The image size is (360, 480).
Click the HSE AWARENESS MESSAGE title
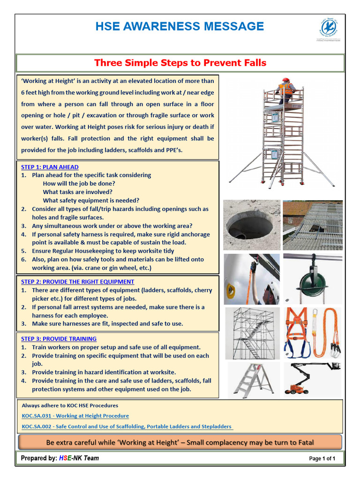[180, 26]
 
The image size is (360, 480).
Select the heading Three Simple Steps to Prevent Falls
[180, 63]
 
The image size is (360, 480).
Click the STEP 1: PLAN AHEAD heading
[50, 167]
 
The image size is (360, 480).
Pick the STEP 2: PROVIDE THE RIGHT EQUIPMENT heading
[77, 282]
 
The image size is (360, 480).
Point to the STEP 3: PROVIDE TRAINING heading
[59, 338]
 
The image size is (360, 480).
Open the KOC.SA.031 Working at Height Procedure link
[75, 416]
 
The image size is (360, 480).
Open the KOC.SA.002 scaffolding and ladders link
[127, 427]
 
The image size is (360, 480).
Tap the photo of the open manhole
[251, 225]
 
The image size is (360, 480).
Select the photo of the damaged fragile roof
[312, 225]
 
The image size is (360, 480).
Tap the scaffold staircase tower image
[252, 333]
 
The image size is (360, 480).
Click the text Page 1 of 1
[322, 458]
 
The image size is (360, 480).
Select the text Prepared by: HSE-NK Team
[60, 458]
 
